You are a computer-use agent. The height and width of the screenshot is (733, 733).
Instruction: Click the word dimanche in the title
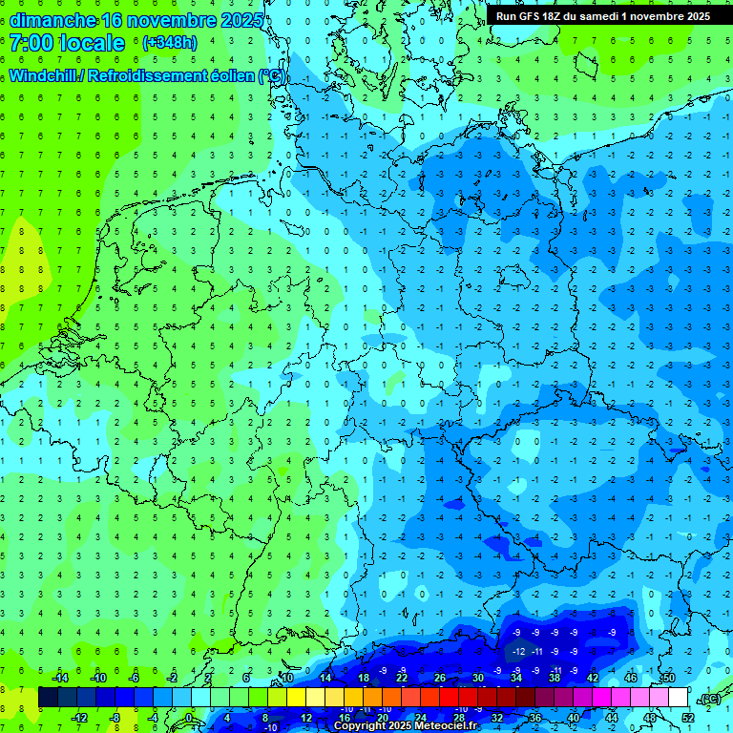coord(52,20)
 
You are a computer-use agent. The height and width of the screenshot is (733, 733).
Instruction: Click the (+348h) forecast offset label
coord(170,43)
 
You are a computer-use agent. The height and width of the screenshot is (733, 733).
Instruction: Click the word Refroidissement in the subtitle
coord(157,75)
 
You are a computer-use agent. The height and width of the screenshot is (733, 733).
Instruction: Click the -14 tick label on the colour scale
coord(61,678)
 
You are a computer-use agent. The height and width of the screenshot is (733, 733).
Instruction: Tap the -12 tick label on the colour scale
coord(79,718)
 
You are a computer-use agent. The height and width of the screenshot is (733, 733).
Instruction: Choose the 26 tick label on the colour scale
coord(440,678)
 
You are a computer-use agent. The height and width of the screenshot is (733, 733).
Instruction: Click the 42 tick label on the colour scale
coord(592,678)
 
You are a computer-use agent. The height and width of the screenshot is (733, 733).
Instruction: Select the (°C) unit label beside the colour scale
coord(710,698)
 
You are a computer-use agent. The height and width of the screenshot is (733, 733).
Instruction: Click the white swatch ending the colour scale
coord(679,698)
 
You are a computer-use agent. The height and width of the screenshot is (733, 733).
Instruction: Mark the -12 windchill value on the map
coord(518,651)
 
